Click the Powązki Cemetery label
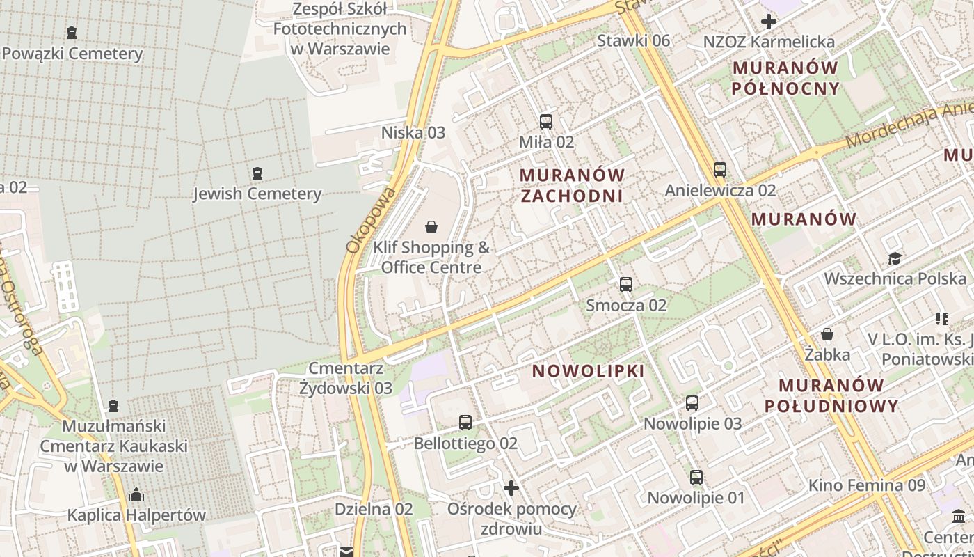tap(72, 54)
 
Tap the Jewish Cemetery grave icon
tap(257, 173)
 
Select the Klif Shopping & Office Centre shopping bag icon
tap(431, 227)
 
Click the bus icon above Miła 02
tap(546, 122)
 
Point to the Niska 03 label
tap(413, 132)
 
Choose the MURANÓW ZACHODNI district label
tap(572, 185)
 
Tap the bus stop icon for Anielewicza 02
tap(720, 170)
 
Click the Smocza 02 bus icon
tap(626, 285)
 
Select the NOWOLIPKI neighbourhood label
tap(589, 371)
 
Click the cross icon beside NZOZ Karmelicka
tap(769, 22)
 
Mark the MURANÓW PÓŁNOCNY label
tap(785, 78)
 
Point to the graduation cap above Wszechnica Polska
tap(895, 259)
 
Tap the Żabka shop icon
tap(827, 334)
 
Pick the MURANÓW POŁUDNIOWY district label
tap(831, 395)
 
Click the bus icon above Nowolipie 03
tap(692, 403)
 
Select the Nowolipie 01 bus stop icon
tap(696, 478)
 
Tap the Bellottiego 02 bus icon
tap(465, 423)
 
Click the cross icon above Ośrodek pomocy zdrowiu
tap(511, 488)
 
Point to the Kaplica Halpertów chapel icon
tap(136, 494)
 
